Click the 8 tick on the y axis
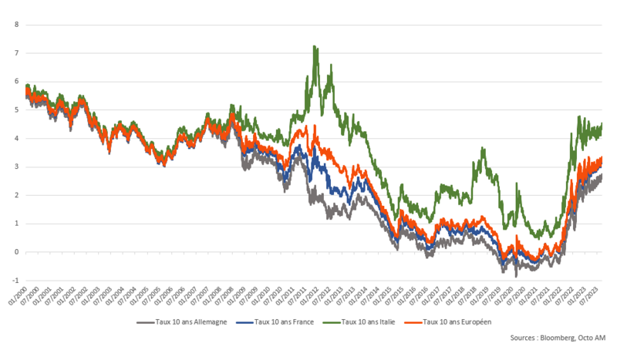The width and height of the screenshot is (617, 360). tap(16, 24)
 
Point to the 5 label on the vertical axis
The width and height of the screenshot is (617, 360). tap(16, 109)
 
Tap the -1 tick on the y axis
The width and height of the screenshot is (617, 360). tap(15, 281)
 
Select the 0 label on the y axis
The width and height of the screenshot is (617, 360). tap(16, 252)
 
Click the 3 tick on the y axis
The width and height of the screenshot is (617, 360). tap(16, 167)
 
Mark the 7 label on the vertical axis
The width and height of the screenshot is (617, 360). tap(16, 52)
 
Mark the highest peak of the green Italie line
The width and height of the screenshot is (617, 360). tap(314, 46)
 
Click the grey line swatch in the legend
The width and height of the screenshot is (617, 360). tap(147, 321)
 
